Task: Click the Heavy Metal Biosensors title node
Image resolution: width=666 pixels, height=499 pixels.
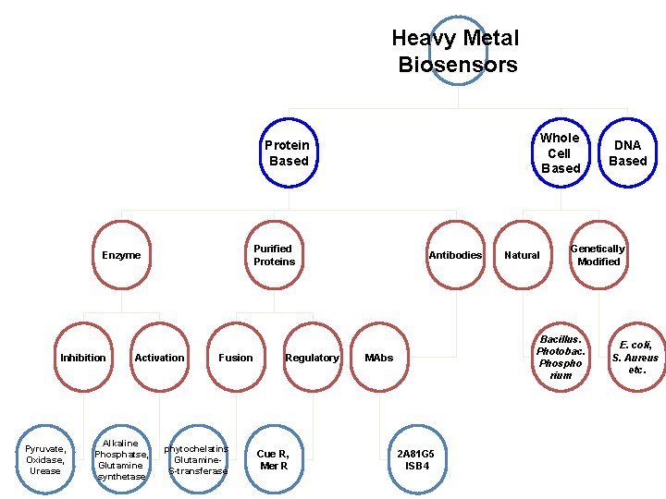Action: click(455, 52)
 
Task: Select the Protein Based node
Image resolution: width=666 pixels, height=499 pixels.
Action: click(288, 152)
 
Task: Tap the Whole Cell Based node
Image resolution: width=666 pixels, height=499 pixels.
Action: click(561, 152)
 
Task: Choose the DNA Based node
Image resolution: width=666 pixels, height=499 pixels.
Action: click(627, 152)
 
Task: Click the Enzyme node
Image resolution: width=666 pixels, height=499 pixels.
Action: click(121, 255)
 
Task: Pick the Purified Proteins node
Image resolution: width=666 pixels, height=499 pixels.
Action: click(274, 255)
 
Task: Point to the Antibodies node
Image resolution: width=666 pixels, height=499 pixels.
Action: click(455, 255)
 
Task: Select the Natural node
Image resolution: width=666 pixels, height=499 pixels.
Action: click(522, 255)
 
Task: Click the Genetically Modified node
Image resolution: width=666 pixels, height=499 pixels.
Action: click(598, 255)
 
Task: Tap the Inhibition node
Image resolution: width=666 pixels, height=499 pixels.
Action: click(83, 358)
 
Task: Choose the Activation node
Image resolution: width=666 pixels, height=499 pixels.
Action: click(159, 358)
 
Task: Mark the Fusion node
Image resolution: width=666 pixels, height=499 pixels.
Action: click(236, 358)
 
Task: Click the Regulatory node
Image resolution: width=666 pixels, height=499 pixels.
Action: click(312, 358)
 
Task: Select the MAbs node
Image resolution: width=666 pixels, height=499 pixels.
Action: click(378, 358)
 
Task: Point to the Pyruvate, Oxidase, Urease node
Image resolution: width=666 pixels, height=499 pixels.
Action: click(45, 459)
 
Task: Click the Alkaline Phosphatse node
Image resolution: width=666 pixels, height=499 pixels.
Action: click(121, 459)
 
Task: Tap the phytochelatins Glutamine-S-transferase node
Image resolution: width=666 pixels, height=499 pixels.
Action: click(198, 459)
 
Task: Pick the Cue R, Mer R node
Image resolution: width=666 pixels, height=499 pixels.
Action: click(273, 459)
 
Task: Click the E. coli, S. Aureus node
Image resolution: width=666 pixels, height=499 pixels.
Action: click(635, 358)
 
